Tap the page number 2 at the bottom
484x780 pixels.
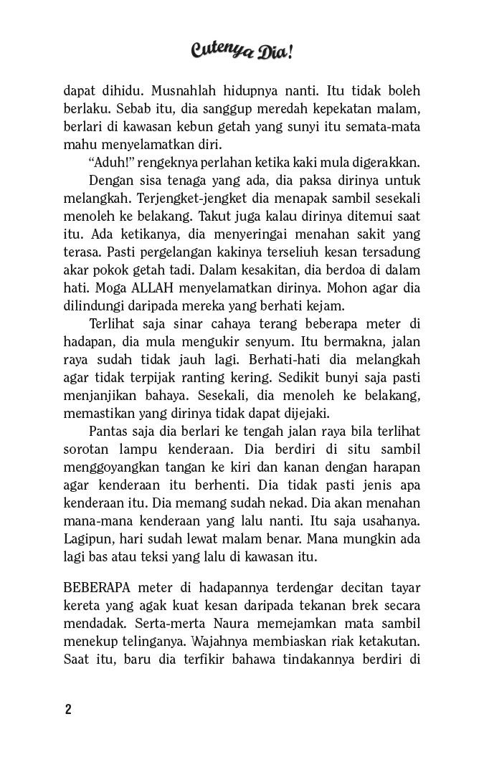pyautogui.click(x=68, y=710)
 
